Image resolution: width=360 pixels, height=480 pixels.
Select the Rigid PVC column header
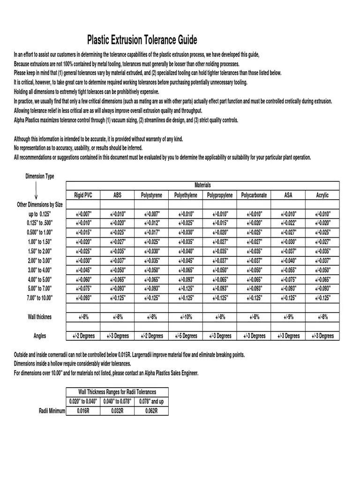83,195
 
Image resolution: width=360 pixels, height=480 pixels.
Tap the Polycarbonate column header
254,195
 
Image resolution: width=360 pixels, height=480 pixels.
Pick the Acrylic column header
322,195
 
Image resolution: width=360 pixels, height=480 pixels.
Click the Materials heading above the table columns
202,185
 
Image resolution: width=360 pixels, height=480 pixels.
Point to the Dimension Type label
39,176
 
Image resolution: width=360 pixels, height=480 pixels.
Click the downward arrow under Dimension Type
37,192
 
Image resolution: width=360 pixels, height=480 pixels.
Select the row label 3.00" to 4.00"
40,270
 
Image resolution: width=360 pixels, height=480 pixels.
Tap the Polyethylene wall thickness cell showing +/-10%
186,317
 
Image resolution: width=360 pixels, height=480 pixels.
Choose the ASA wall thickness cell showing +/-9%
288,317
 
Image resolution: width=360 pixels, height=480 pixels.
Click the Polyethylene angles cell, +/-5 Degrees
186,336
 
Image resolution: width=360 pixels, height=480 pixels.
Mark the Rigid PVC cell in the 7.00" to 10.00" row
83,298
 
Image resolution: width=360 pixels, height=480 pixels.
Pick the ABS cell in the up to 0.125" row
118,214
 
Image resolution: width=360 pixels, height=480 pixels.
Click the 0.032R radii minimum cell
117,411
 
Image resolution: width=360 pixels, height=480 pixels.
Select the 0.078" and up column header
151,401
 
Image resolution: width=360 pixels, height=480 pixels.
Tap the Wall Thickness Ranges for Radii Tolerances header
117,392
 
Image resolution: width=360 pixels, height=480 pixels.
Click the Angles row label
40,336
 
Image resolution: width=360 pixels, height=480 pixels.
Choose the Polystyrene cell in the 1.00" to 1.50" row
152,242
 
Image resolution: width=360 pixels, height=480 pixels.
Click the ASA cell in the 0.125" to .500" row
288,223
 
